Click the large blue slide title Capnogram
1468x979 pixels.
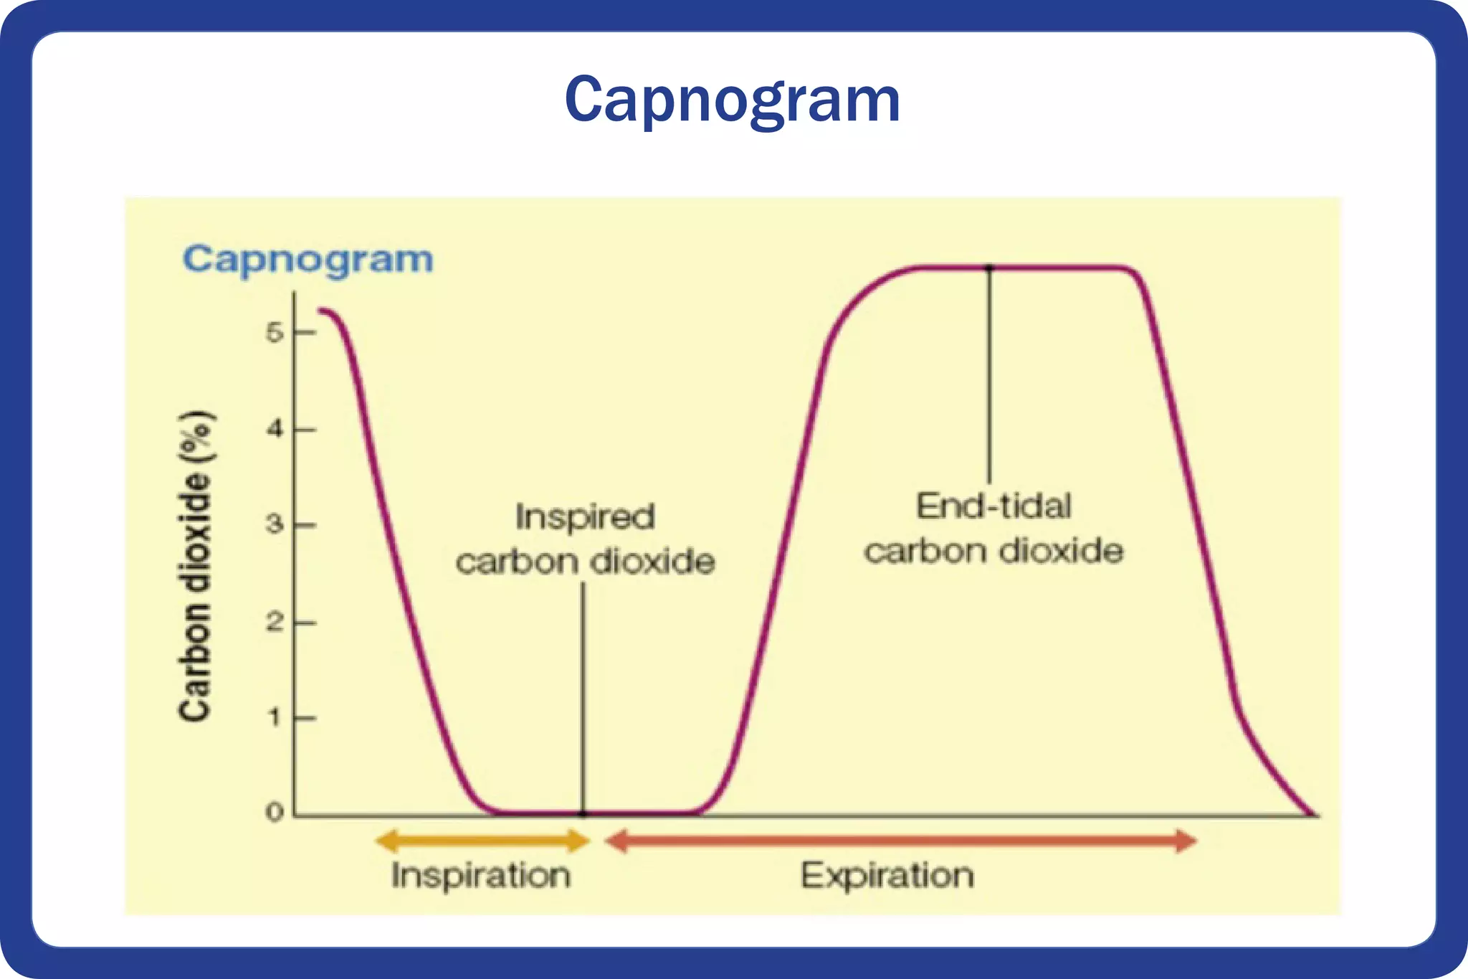click(732, 100)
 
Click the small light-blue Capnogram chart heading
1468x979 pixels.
click(308, 259)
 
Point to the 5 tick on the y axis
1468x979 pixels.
click(275, 333)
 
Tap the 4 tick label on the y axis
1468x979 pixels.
click(275, 430)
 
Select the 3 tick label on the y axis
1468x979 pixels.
click(275, 525)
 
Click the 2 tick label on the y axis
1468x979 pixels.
click(275, 622)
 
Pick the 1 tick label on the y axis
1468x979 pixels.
click(275, 717)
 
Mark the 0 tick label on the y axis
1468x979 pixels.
click(275, 813)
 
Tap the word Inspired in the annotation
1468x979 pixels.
click(585, 517)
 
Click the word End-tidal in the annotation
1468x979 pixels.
click(993, 506)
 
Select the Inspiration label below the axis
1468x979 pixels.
click(481, 876)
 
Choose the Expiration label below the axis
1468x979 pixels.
click(887, 876)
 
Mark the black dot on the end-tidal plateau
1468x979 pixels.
click(989, 268)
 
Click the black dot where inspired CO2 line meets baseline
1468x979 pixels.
click(583, 814)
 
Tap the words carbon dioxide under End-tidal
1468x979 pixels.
click(993, 552)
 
